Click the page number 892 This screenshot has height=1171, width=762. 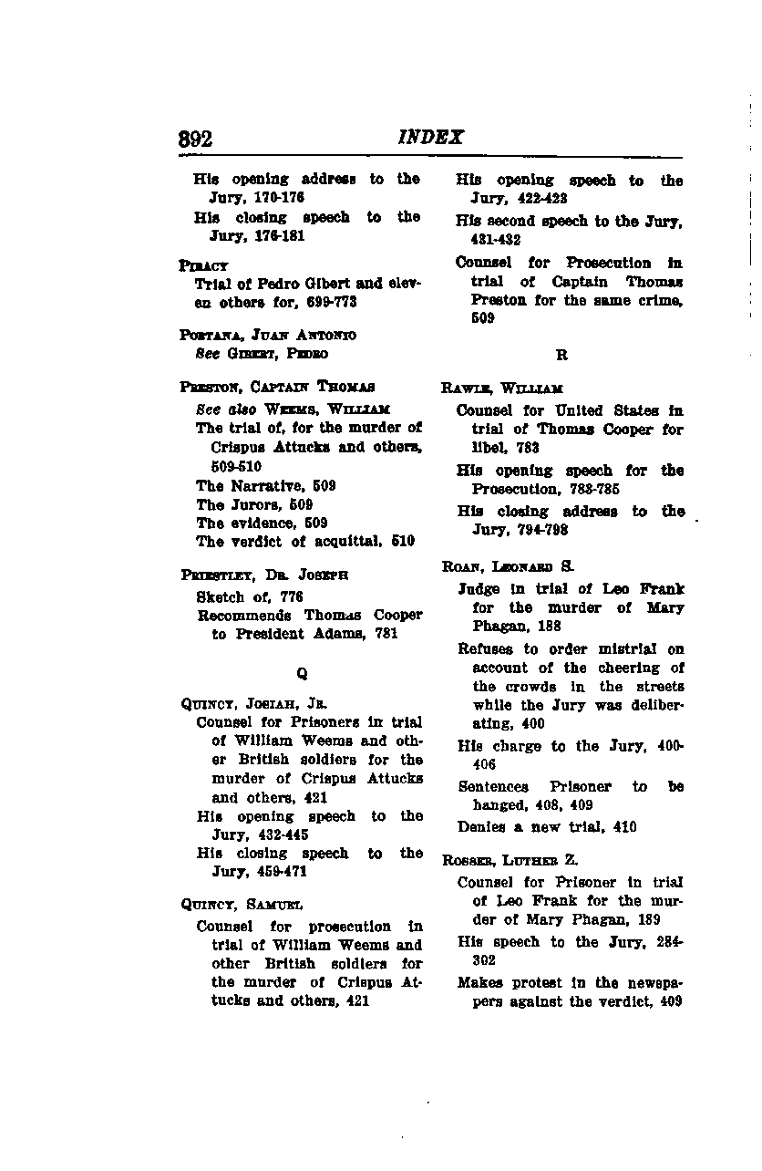click(195, 140)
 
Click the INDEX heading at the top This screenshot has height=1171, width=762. click(431, 138)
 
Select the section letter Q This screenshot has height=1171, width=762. click(302, 674)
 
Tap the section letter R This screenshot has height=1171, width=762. click(561, 355)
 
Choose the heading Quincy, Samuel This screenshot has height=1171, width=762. click(242, 906)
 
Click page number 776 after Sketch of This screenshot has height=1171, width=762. click(292, 598)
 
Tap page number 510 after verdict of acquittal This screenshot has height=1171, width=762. click(405, 542)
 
